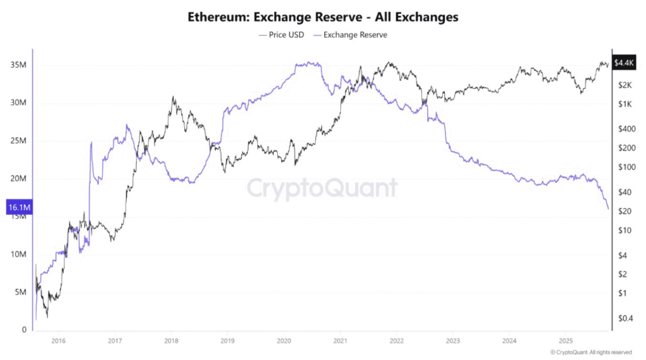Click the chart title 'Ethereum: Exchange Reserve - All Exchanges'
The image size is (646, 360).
323,17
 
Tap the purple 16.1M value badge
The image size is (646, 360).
20,207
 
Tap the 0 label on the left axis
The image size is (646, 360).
25,330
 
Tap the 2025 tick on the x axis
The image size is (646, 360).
566,341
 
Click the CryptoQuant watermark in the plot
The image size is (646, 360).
322,188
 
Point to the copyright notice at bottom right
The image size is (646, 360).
590,352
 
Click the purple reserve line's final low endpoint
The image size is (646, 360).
608,208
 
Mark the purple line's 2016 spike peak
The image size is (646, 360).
91,143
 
